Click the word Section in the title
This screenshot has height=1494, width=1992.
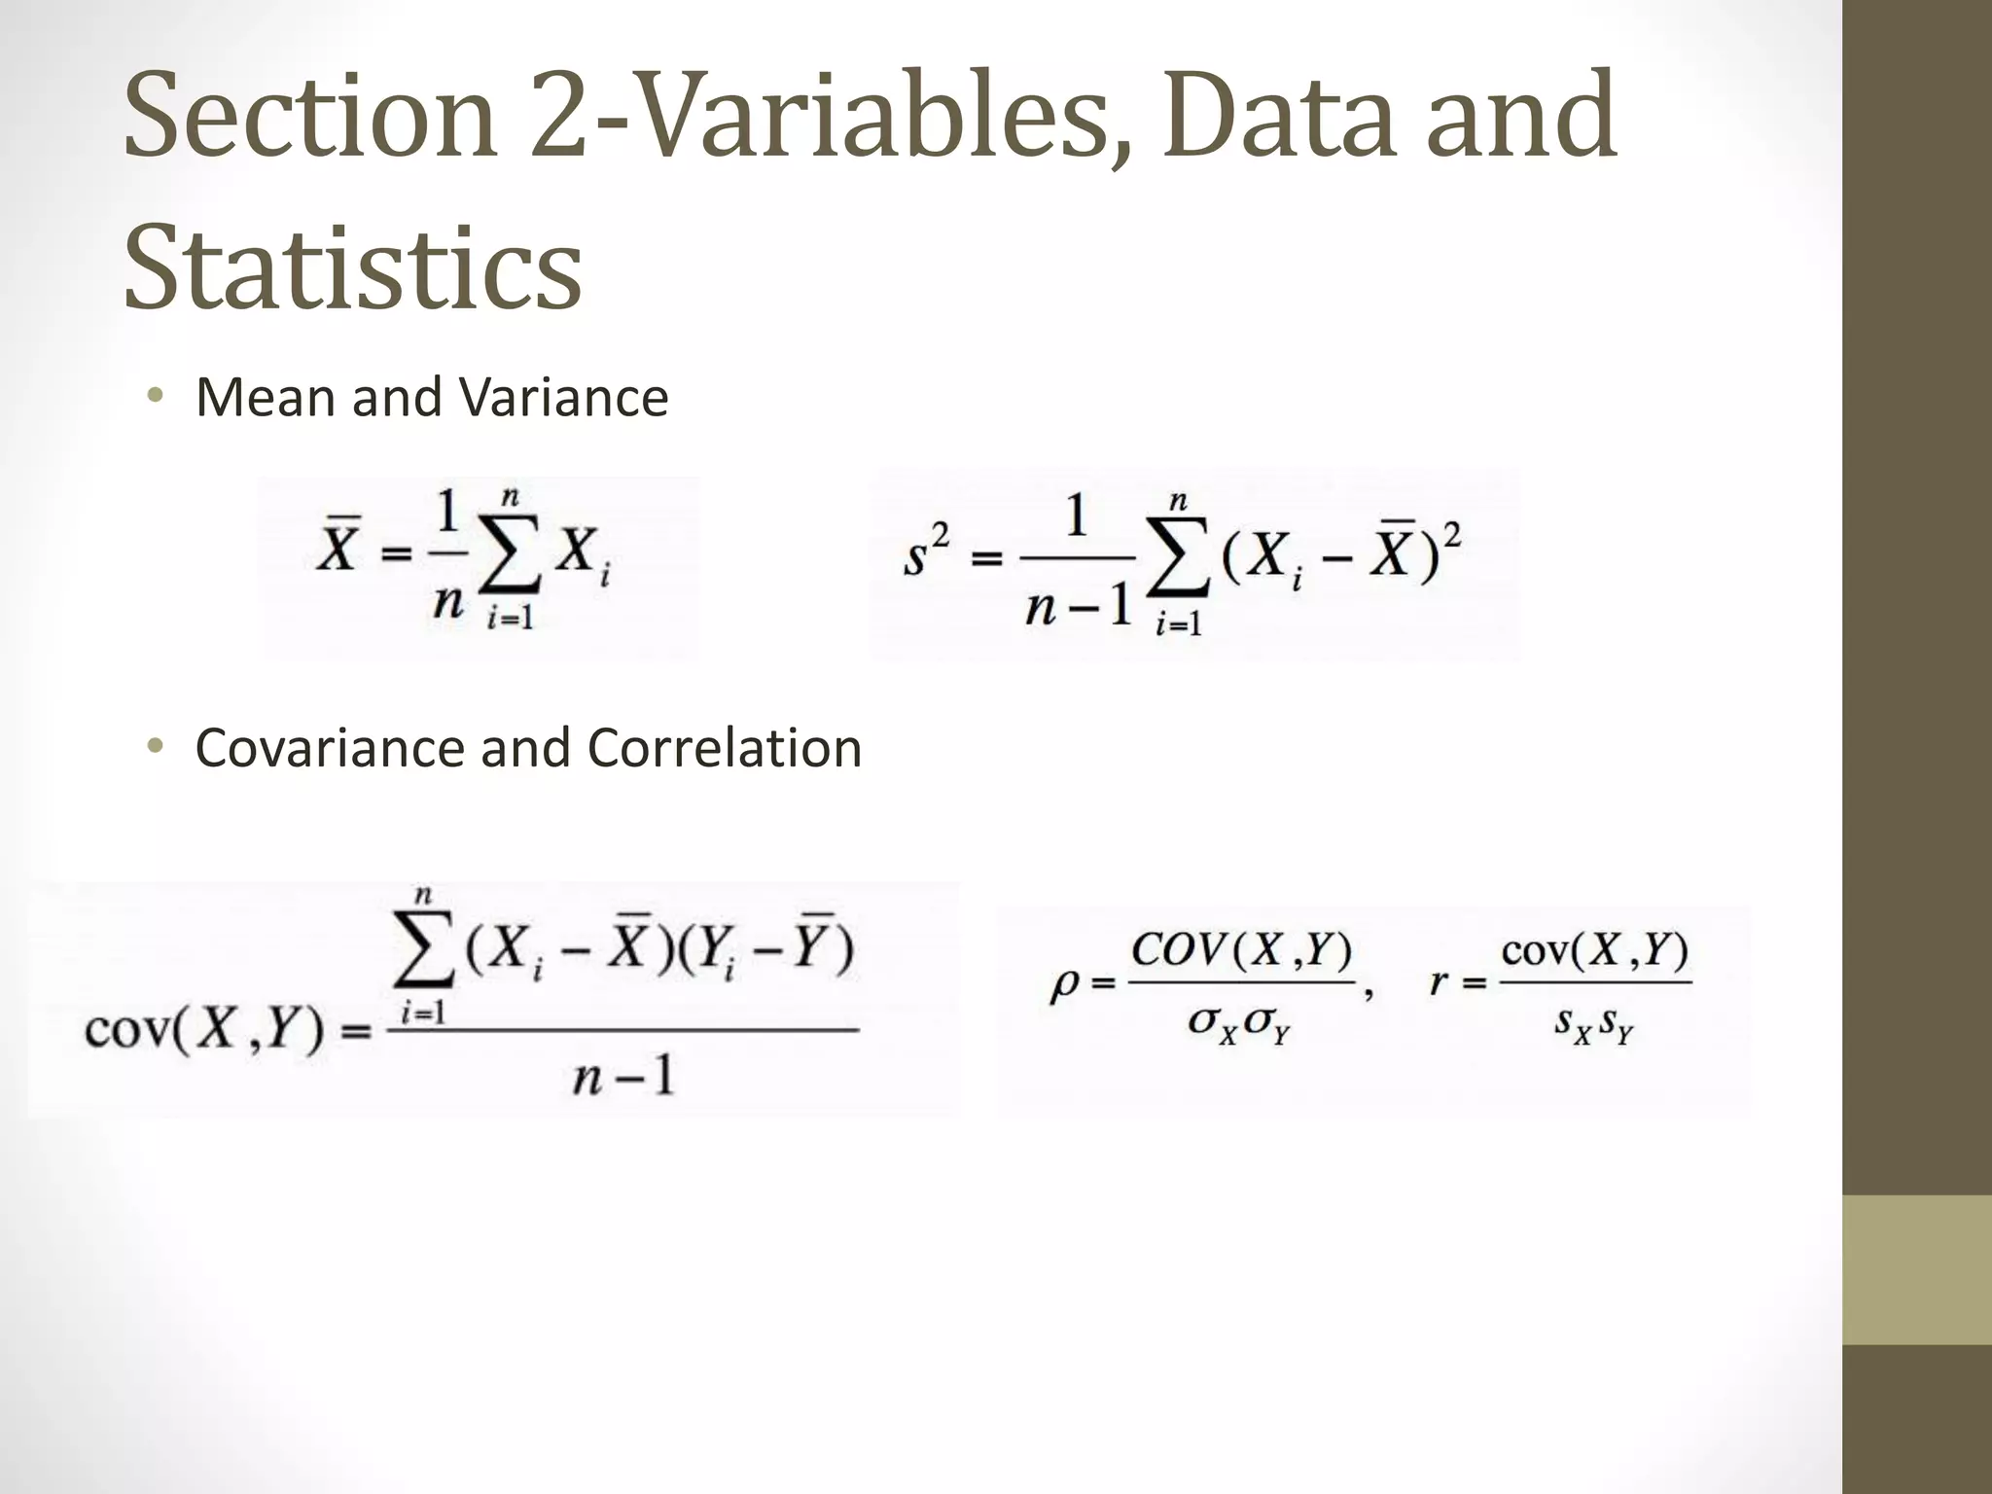coord(310,116)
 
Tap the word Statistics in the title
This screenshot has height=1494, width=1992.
coord(352,268)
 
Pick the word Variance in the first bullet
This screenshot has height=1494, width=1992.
coord(564,398)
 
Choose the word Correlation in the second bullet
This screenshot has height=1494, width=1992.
coord(724,748)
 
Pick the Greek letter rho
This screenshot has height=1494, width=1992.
coord(1065,985)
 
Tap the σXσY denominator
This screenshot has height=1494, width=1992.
coord(1238,1024)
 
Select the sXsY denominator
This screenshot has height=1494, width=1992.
coord(1592,1024)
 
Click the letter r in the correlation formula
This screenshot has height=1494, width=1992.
coord(1439,983)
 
